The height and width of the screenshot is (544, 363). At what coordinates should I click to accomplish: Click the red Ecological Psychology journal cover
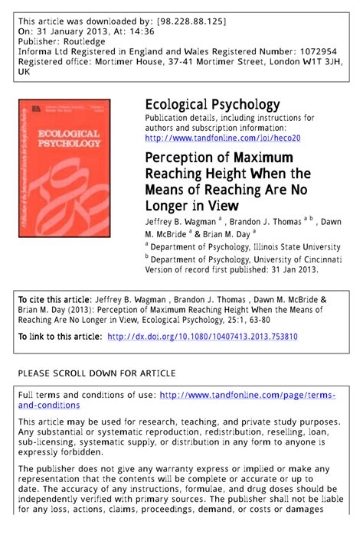point(64,168)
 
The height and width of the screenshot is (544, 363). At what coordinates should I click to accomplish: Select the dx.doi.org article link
point(202,336)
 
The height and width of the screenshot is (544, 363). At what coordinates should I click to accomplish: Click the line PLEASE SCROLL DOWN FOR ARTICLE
point(96,373)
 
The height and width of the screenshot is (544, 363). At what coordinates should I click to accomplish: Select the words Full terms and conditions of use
point(86,395)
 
